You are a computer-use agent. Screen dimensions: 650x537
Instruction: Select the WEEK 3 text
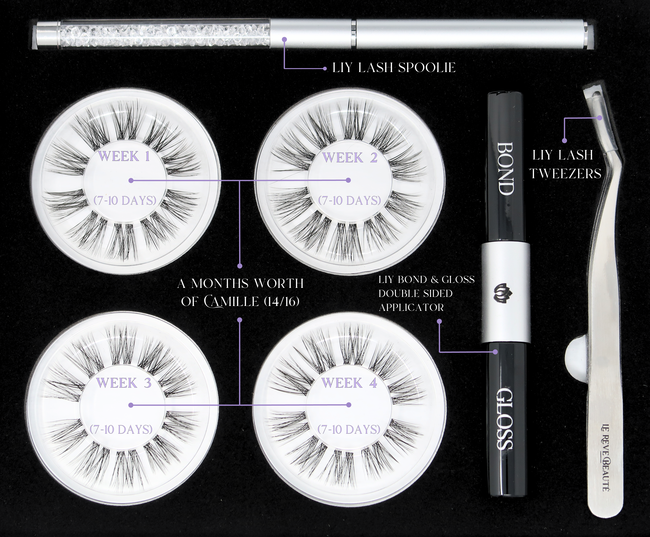(124, 383)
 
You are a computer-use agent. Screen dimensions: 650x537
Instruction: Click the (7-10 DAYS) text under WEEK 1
(125, 201)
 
